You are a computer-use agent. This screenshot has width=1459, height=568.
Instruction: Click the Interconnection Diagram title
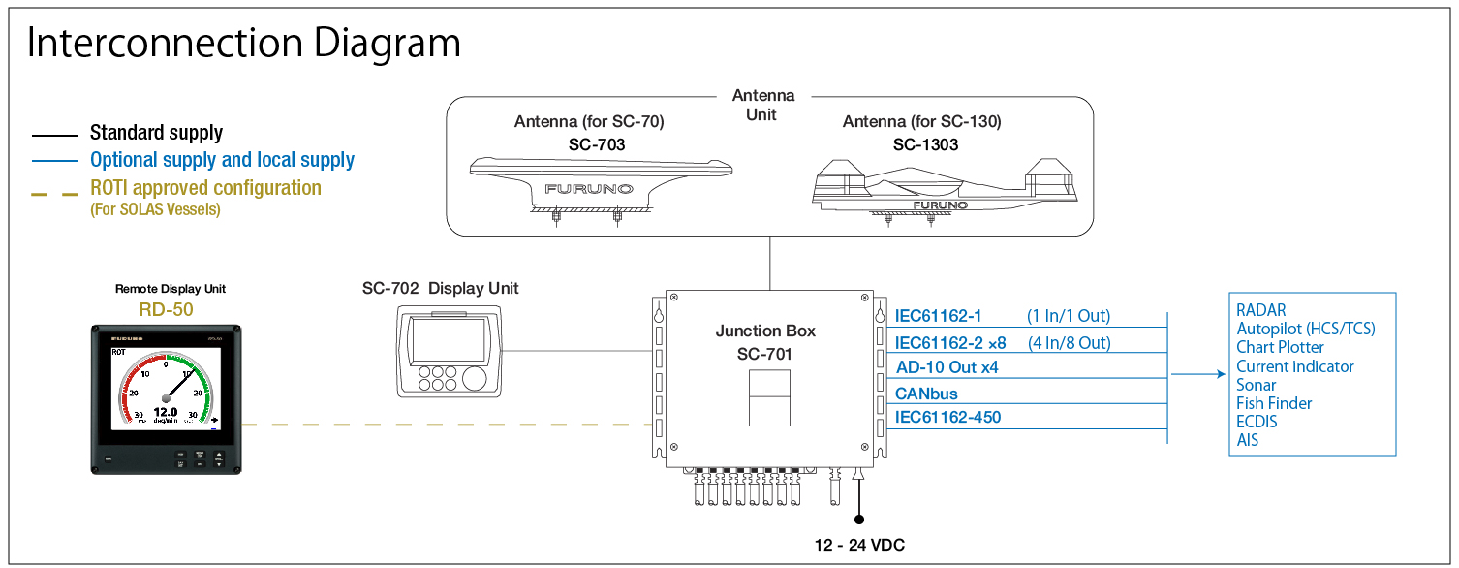pyautogui.click(x=243, y=44)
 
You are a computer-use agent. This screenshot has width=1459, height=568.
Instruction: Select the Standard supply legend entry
pyautogui.click(x=156, y=133)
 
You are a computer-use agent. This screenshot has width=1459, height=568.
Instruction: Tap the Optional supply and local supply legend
pyautogui.click(x=222, y=160)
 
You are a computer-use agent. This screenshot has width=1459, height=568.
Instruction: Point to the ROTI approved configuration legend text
pyautogui.click(x=205, y=188)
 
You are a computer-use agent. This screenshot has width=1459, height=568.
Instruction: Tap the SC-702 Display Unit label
pyautogui.click(x=440, y=288)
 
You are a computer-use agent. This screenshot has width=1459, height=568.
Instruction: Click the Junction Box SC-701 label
pyautogui.click(x=765, y=342)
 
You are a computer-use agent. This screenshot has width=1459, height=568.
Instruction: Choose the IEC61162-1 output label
pyautogui.click(x=938, y=316)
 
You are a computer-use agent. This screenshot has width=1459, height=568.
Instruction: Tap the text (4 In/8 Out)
pyautogui.click(x=1068, y=342)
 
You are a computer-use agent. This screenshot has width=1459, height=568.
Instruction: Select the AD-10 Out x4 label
pyautogui.click(x=947, y=368)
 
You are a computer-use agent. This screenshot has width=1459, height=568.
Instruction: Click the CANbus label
pyautogui.click(x=926, y=394)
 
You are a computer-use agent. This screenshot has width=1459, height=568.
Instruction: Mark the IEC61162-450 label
pyautogui.click(x=947, y=418)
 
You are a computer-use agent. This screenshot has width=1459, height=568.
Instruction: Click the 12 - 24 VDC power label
pyautogui.click(x=859, y=546)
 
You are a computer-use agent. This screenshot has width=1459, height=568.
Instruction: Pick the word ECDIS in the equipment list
pyautogui.click(x=1257, y=422)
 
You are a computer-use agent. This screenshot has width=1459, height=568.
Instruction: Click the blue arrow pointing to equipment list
pyautogui.click(x=1196, y=374)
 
